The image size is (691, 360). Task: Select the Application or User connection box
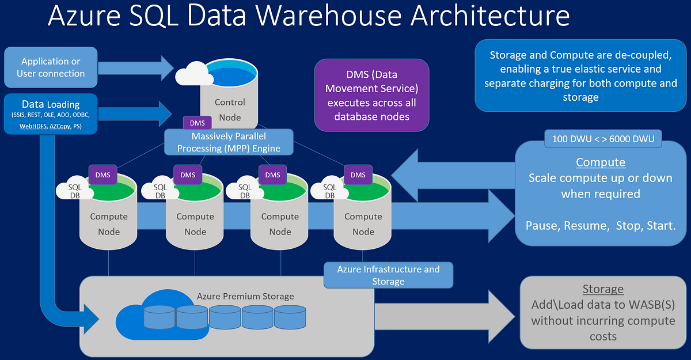(x=51, y=67)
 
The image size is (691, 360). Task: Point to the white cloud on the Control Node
(x=192, y=74)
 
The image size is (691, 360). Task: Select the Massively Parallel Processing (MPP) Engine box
(x=228, y=142)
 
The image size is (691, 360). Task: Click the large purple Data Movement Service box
(x=371, y=96)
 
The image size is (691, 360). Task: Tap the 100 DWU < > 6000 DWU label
(x=603, y=138)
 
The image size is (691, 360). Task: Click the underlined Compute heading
(x=600, y=162)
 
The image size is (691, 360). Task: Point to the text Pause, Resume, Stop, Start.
(x=601, y=225)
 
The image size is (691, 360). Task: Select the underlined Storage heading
(x=603, y=289)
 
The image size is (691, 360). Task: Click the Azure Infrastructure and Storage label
(x=388, y=275)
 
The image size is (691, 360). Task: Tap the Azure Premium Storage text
(x=245, y=296)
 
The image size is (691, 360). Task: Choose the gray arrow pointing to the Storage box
(x=443, y=316)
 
